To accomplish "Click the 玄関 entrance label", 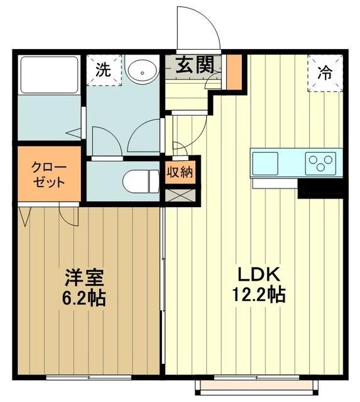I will click(x=195, y=65).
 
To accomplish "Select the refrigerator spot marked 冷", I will click(x=325, y=72).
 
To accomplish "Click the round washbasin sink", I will click(x=142, y=71).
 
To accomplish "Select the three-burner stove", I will click(x=322, y=163).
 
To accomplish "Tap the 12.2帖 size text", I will click(x=254, y=294).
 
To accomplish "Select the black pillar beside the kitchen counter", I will click(x=320, y=188).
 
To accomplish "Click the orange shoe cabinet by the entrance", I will click(x=234, y=71).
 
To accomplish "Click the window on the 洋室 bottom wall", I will click(x=88, y=378).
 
